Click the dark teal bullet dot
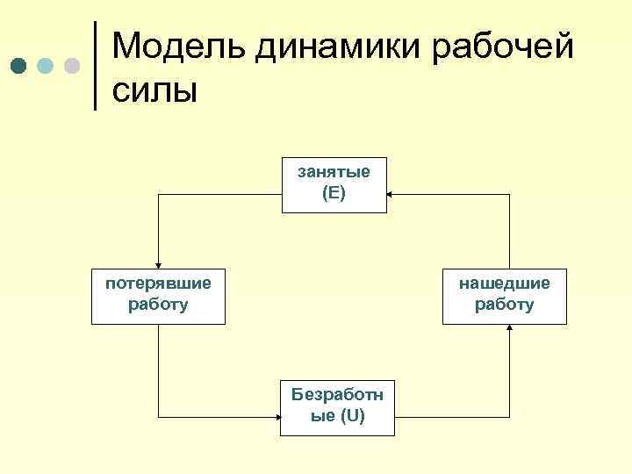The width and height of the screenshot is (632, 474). click(19, 67)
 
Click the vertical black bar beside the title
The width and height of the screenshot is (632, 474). click(95, 65)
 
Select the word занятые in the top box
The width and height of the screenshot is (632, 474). click(334, 171)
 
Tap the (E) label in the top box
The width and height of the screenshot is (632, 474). click(334, 193)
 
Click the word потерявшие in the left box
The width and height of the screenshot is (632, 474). click(158, 284)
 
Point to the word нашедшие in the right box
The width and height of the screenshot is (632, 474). click(504, 284)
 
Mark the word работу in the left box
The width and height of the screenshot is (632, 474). click(158, 305)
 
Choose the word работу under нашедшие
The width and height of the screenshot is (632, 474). click(504, 305)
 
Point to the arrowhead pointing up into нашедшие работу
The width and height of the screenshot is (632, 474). click(510, 329)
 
